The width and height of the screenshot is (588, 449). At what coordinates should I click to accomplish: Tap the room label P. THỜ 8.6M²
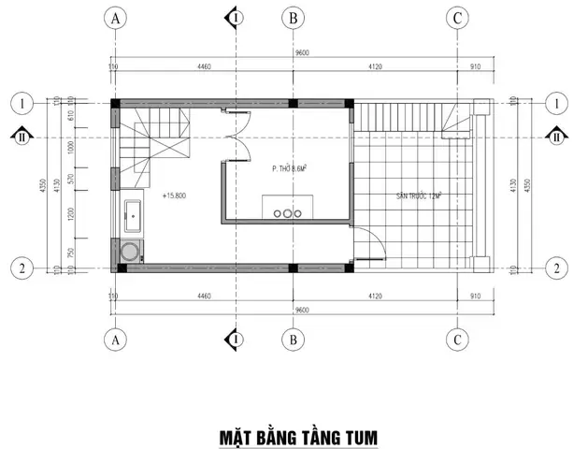(x=288, y=169)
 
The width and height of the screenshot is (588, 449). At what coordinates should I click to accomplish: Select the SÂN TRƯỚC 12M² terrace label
(x=418, y=196)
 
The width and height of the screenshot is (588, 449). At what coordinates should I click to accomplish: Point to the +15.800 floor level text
(x=176, y=196)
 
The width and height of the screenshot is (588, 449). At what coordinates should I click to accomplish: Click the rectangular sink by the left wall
(x=132, y=216)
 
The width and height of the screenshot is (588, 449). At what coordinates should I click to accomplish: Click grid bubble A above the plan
(x=115, y=19)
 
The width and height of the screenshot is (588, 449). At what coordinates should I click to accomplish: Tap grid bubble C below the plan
(x=457, y=340)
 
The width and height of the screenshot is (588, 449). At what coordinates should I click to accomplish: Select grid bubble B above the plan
(x=294, y=19)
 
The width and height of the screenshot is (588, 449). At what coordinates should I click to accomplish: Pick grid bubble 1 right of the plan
(x=557, y=103)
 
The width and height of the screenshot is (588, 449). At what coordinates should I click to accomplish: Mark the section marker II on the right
(x=557, y=135)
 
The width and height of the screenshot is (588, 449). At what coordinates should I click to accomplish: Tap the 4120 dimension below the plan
(x=376, y=296)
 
